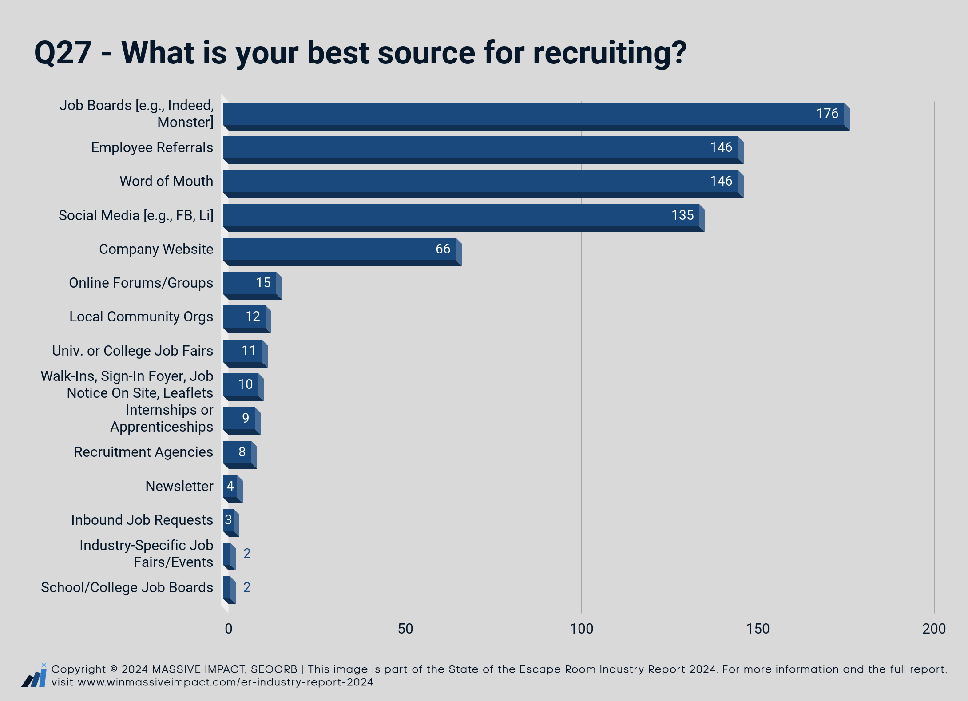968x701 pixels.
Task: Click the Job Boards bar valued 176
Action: [536, 116]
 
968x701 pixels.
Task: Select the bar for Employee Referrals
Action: [483, 150]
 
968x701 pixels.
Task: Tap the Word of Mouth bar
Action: [483, 184]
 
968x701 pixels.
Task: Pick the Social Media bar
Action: [464, 218]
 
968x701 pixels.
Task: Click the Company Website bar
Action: [342, 252]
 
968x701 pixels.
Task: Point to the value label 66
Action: [443, 249]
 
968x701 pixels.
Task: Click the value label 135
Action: [682, 215]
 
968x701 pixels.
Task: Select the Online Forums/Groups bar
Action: [252, 285]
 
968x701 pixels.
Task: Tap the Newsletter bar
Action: [233, 489]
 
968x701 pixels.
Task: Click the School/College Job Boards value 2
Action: [247, 587]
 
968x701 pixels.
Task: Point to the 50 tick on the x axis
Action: [405, 629]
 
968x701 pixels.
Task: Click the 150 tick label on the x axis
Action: [758, 629]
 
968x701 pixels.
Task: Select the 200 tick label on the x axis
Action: [934, 629]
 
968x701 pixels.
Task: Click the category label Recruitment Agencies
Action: [143, 452]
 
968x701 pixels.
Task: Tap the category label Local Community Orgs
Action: [141, 317]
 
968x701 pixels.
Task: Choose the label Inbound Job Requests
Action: [142, 520]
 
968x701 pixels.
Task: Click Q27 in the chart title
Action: [63, 53]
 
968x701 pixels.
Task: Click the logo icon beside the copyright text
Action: [35, 675]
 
